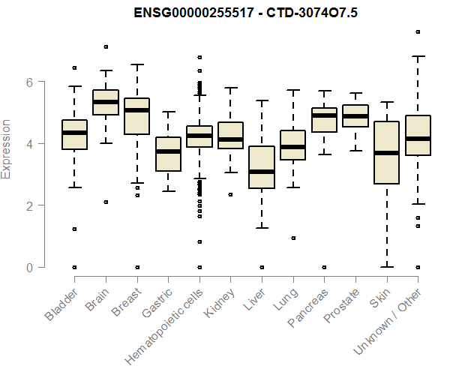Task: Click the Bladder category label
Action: pos(61,304)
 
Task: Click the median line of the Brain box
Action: pos(106,101)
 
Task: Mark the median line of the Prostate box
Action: pos(355,116)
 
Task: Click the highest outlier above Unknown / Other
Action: pos(418,31)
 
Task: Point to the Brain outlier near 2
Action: pos(106,202)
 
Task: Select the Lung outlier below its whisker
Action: pos(292,238)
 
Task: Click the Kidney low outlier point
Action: pos(230,194)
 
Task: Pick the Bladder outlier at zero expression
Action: pos(74,267)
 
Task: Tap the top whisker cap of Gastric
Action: pos(168,112)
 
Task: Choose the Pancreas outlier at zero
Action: pos(324,267)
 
